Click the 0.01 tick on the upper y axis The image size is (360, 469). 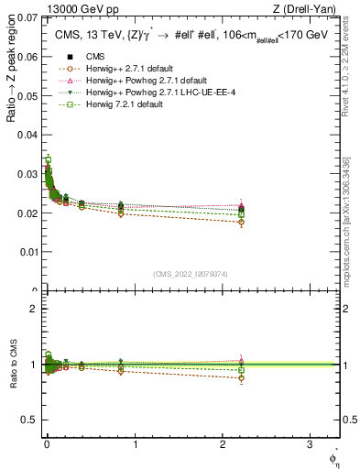pos(27,251)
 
